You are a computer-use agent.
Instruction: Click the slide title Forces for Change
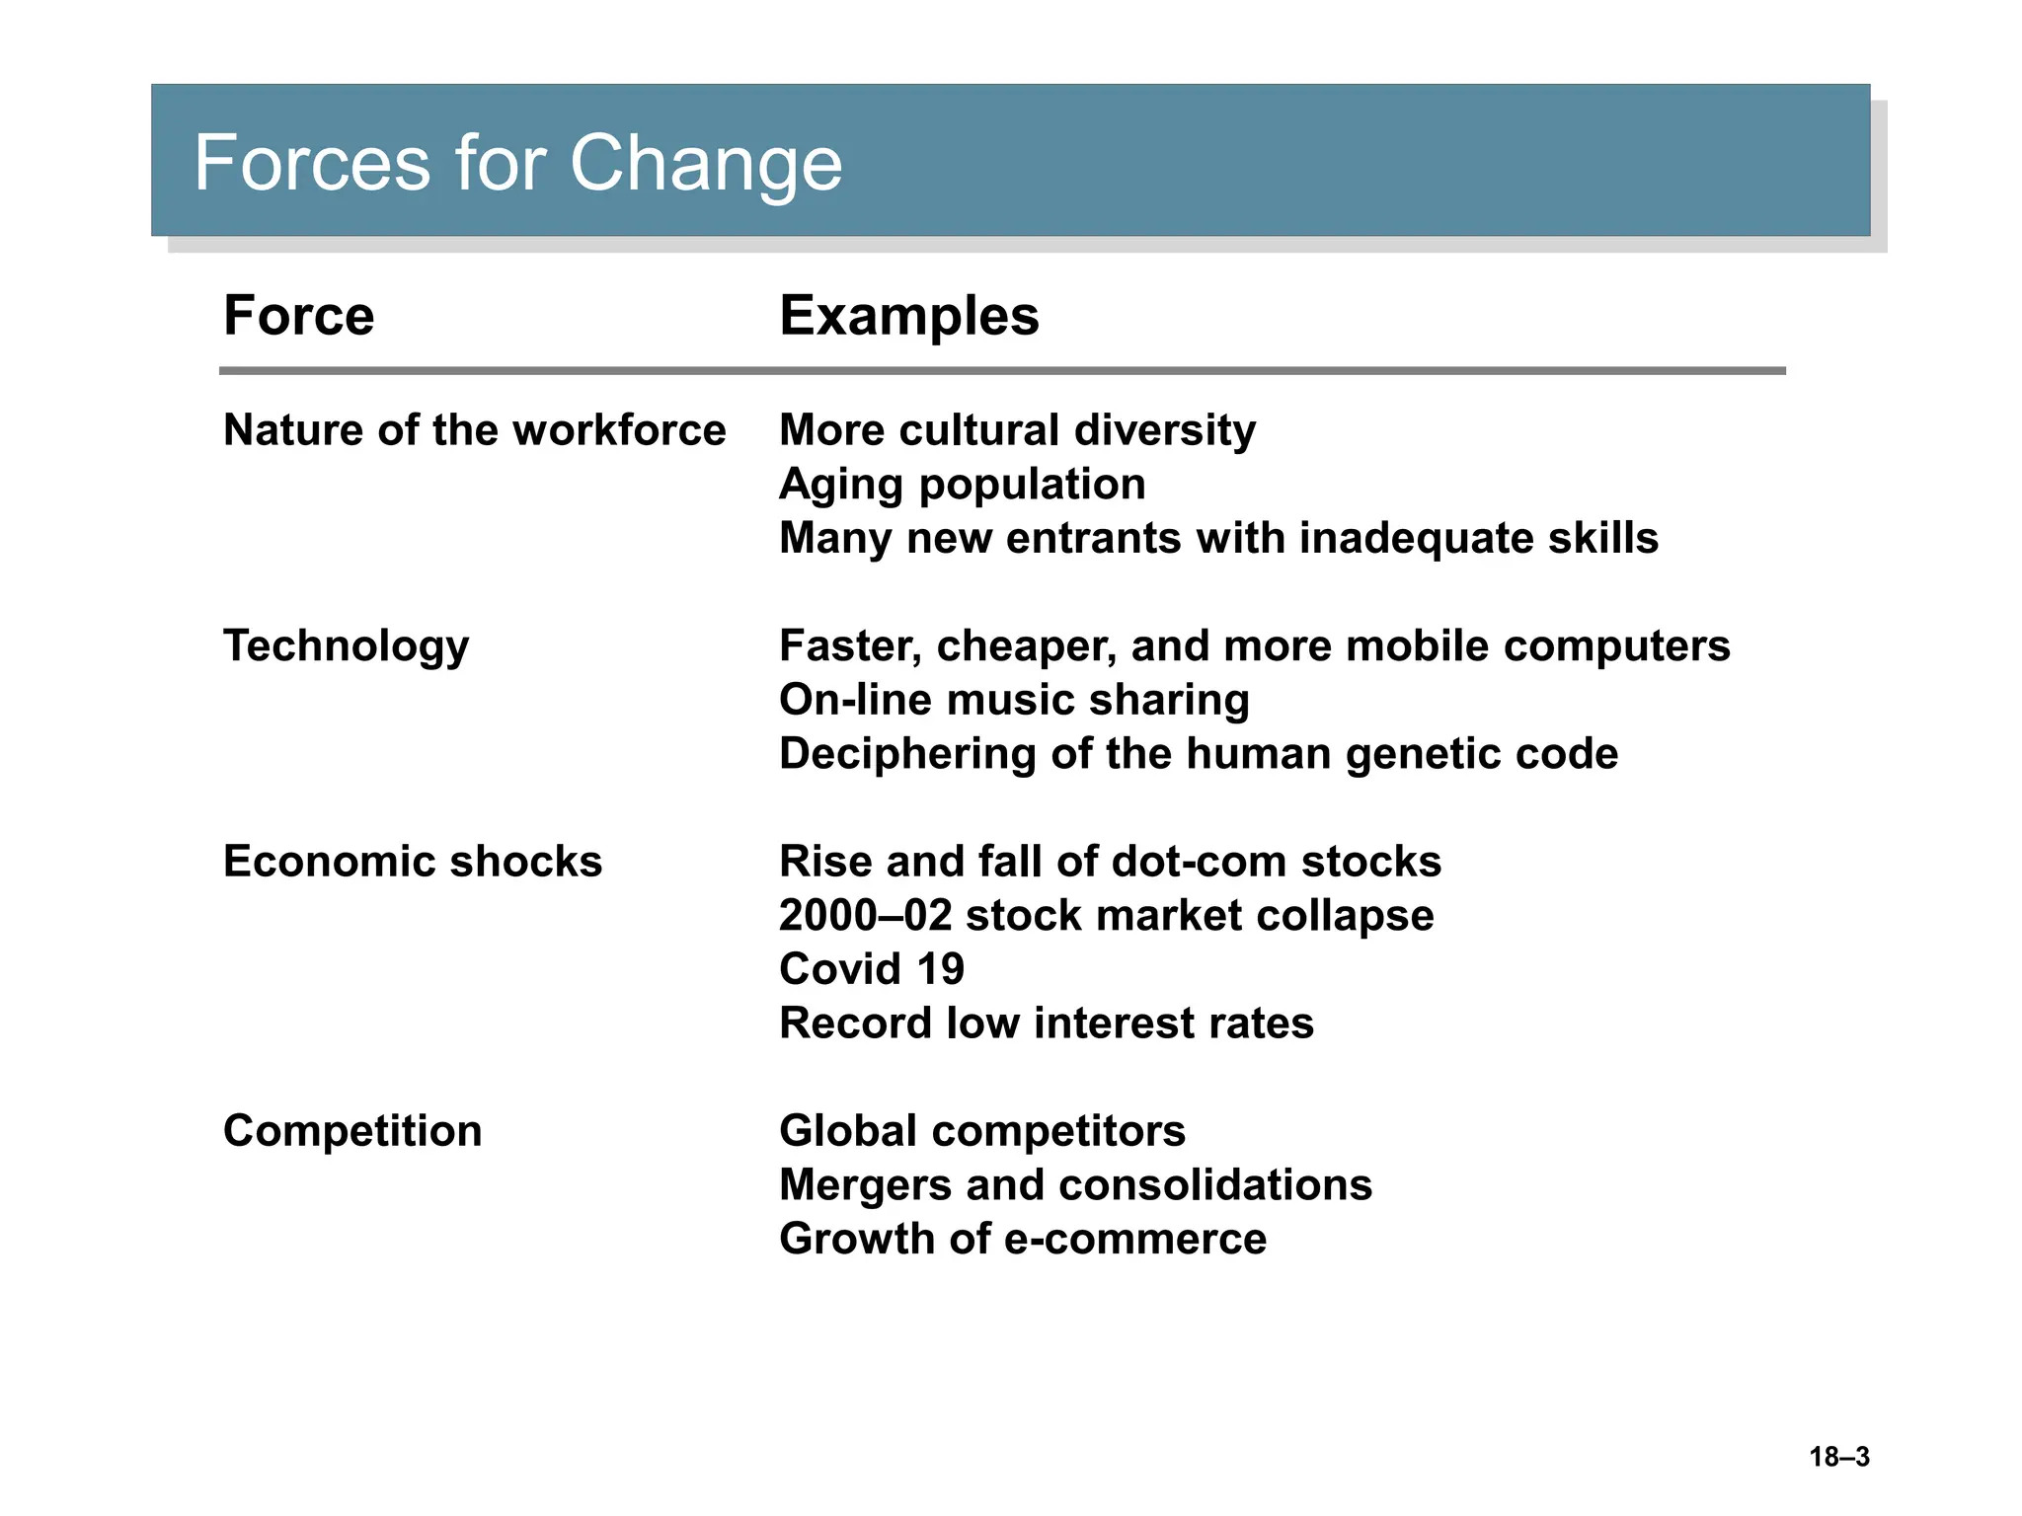pyautogui.click(x=517, y=163)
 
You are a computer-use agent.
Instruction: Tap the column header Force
pyautogui.click(x=298, y=316)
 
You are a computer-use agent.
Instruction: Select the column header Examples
pyautogui.click(x=908, y=316)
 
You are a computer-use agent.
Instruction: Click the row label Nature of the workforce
pyautogui.click(x=474, y=430)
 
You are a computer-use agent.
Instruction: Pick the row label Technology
pyautogui.click(x=346, y=646)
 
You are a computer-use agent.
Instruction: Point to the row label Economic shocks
pyautogui.click(x=412, y=862)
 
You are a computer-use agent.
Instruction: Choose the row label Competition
pyautogui.click(x=352, y=1131)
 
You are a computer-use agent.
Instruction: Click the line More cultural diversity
pyautogui.click(x=1017, y=430)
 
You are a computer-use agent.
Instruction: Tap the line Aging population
pyautogui.click(x=962, y=485)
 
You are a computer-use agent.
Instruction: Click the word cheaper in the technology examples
pyautogui.click(x=1027, y=646)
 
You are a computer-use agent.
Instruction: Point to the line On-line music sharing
pyautogui.click(x=1014, y=700)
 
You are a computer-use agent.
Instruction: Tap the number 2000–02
pyautogui.click(x=865, y=916)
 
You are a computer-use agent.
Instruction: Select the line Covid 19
pyautogui.click(x=871, y=969)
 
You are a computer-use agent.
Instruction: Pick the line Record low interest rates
pyautogui.click(x=1046, y=1023)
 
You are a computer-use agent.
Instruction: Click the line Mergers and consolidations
pyautogui.click(x=1075, y=1185)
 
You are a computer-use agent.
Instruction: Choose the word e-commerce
pyautogui.click(x=1135, y=1240)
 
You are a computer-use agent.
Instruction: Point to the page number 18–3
pyautogui.click(x=1838, y=1457)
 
